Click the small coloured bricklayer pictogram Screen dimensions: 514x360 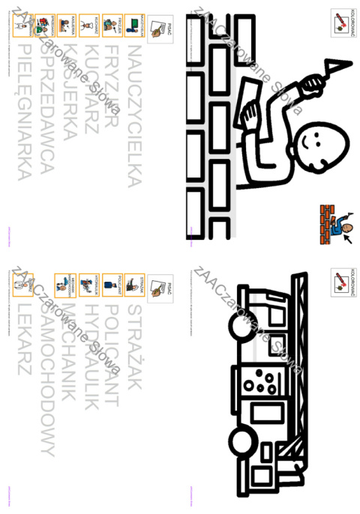coord(336,221)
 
